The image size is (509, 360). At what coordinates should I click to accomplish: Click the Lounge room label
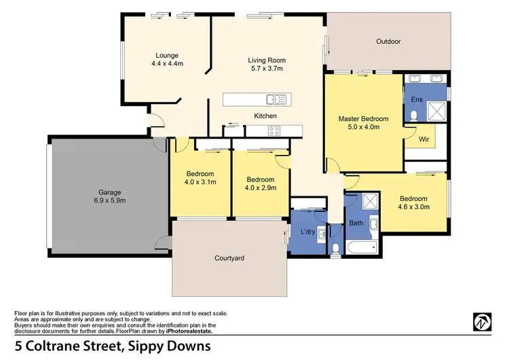click(x=166, y=55)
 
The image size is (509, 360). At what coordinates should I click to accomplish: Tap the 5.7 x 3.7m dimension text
click(x=266, y=69)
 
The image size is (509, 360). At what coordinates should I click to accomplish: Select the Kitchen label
click(x=265, y=116)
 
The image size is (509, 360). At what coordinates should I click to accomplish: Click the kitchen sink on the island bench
click(x=276, y=100)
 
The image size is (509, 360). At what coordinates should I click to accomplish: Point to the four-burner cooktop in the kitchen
click(x=274, y=132)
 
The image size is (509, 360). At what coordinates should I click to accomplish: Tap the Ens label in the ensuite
click(x=417, y=100)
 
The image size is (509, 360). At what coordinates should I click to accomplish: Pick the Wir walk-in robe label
click(x=424, y=139)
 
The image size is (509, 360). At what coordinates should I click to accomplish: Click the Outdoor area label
click(x=388, y=41)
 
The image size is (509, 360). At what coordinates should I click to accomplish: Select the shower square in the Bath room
click(x=370, y=201)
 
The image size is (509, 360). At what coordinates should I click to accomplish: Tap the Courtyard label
click(x=229, y=258)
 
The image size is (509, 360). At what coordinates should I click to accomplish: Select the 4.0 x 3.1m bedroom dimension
click(x=200, y=182)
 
